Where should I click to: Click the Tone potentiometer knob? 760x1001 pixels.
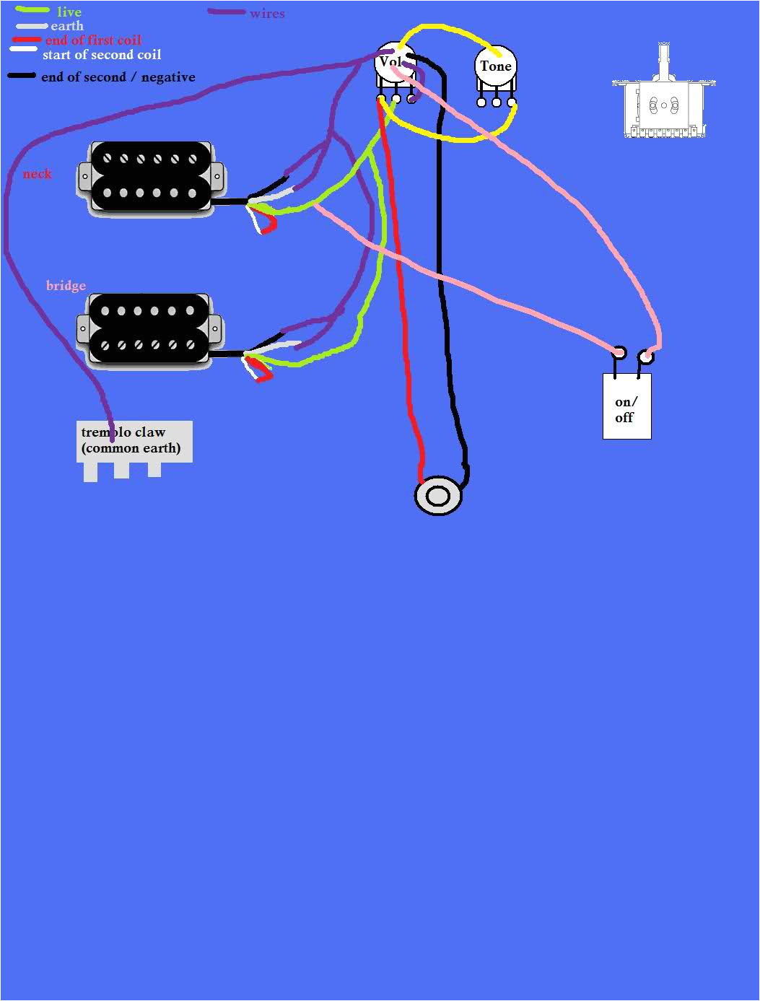coord(496,67)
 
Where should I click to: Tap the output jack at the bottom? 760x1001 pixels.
coord(437,497)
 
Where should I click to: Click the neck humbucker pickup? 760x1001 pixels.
coord(151,177)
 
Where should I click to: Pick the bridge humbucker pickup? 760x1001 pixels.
coord(151,330)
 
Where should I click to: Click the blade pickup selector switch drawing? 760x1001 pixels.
coord(663,105)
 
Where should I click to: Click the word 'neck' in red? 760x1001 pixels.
coord(37,174)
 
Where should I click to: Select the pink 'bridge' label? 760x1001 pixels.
coord(66,286)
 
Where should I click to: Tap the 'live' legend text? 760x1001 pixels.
coord(69,12)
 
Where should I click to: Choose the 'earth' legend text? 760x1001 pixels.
coord(67,26)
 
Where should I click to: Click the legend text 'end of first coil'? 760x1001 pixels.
coord(93,40)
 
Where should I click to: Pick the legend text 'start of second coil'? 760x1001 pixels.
coord(102,55)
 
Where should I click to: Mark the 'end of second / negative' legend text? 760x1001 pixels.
coord(118,77)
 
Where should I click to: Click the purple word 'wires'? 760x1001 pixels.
coord(267,14)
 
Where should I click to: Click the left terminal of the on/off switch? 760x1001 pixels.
coord(619,353)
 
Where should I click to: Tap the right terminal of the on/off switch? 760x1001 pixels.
coord(647,357)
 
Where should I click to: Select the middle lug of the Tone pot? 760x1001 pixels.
coord(497,102)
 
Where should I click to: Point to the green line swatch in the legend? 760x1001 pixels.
coord(32,11)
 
